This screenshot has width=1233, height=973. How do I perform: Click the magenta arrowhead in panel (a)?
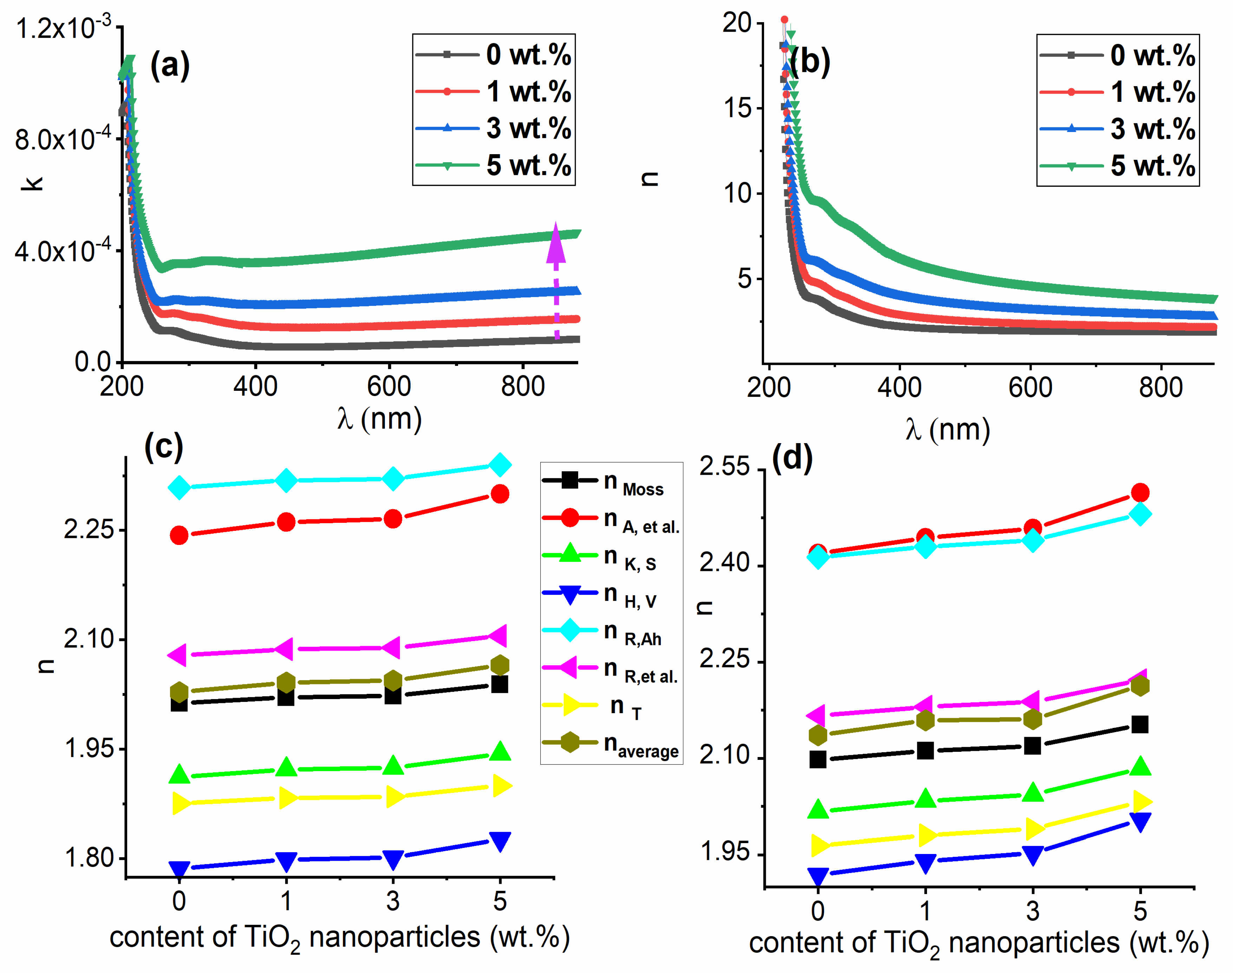click(555, 244)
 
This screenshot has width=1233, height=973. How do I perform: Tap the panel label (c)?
click(164, 446)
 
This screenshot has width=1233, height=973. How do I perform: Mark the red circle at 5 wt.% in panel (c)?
click(500, 494)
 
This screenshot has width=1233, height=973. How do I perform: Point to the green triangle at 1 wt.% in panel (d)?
click(925, 798)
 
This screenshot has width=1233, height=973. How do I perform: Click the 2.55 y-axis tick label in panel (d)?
click(724, 467)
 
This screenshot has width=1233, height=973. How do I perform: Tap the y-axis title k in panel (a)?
click(34, 182)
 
